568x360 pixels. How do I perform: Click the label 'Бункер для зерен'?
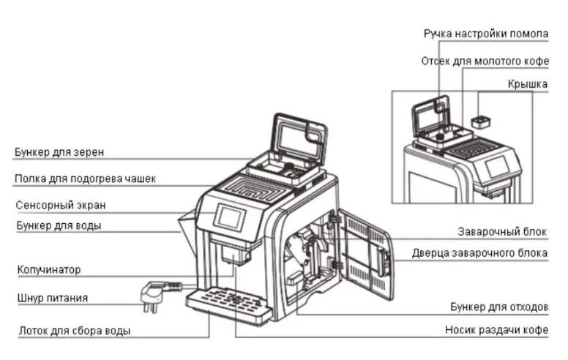tap(59, 152)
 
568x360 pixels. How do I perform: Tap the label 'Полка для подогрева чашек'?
tap(85, 179)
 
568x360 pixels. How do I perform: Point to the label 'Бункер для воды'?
tap(59, 225)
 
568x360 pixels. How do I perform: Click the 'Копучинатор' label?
tap(48, 270)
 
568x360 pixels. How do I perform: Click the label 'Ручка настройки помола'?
tap(485, 34)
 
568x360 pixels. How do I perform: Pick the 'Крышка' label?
tap(528, 85)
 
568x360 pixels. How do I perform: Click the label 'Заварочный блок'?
tap(503, 231)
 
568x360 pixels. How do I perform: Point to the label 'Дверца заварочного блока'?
tap(479, 253)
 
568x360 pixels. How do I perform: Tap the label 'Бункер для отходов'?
tap(498, 306)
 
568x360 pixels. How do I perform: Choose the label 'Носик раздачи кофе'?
tap(496, 330)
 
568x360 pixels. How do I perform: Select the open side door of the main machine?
tap(366, 252)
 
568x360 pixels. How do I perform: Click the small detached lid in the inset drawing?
tap(480, 121)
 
